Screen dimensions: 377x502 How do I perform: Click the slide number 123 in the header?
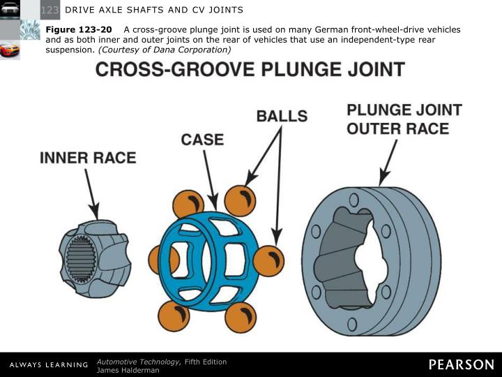tap(50, 9)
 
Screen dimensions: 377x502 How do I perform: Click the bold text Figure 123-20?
tap(79, 30)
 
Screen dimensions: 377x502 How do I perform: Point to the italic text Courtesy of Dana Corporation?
tap(164, 50)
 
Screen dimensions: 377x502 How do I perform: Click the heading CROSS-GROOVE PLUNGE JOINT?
tap(250, 70)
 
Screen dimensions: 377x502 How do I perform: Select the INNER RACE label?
tap(88, 157)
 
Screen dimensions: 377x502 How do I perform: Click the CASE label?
tap(202, 139)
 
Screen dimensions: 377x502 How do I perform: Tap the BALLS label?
tap(282, 116)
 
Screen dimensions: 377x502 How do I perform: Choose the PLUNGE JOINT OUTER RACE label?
tap(404, 119)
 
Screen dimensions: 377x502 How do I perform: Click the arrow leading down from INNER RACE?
tap(92, 192)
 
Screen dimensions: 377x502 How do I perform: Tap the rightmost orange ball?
tap(268, 260)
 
